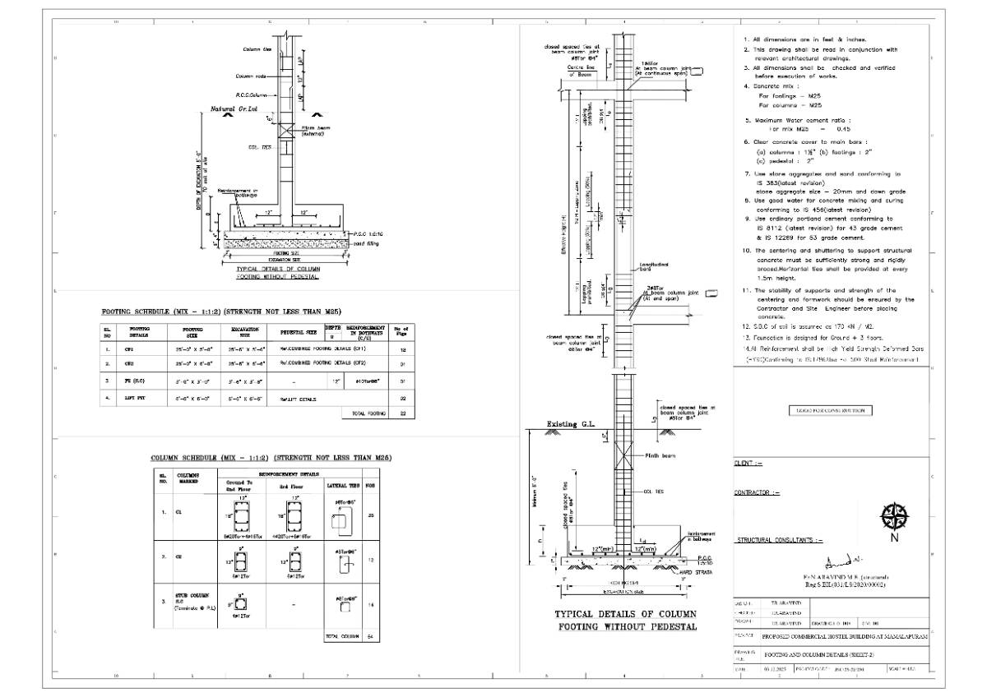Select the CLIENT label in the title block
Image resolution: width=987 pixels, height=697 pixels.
click(x=748, y=464)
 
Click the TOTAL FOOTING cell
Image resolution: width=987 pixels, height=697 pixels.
click(x=369, y=413)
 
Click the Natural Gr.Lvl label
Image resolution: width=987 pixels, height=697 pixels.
click(x=229, y=108)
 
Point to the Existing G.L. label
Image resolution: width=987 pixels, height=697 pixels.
click(x=570, y=426)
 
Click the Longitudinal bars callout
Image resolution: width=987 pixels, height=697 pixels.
click(x=654, y=268)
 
